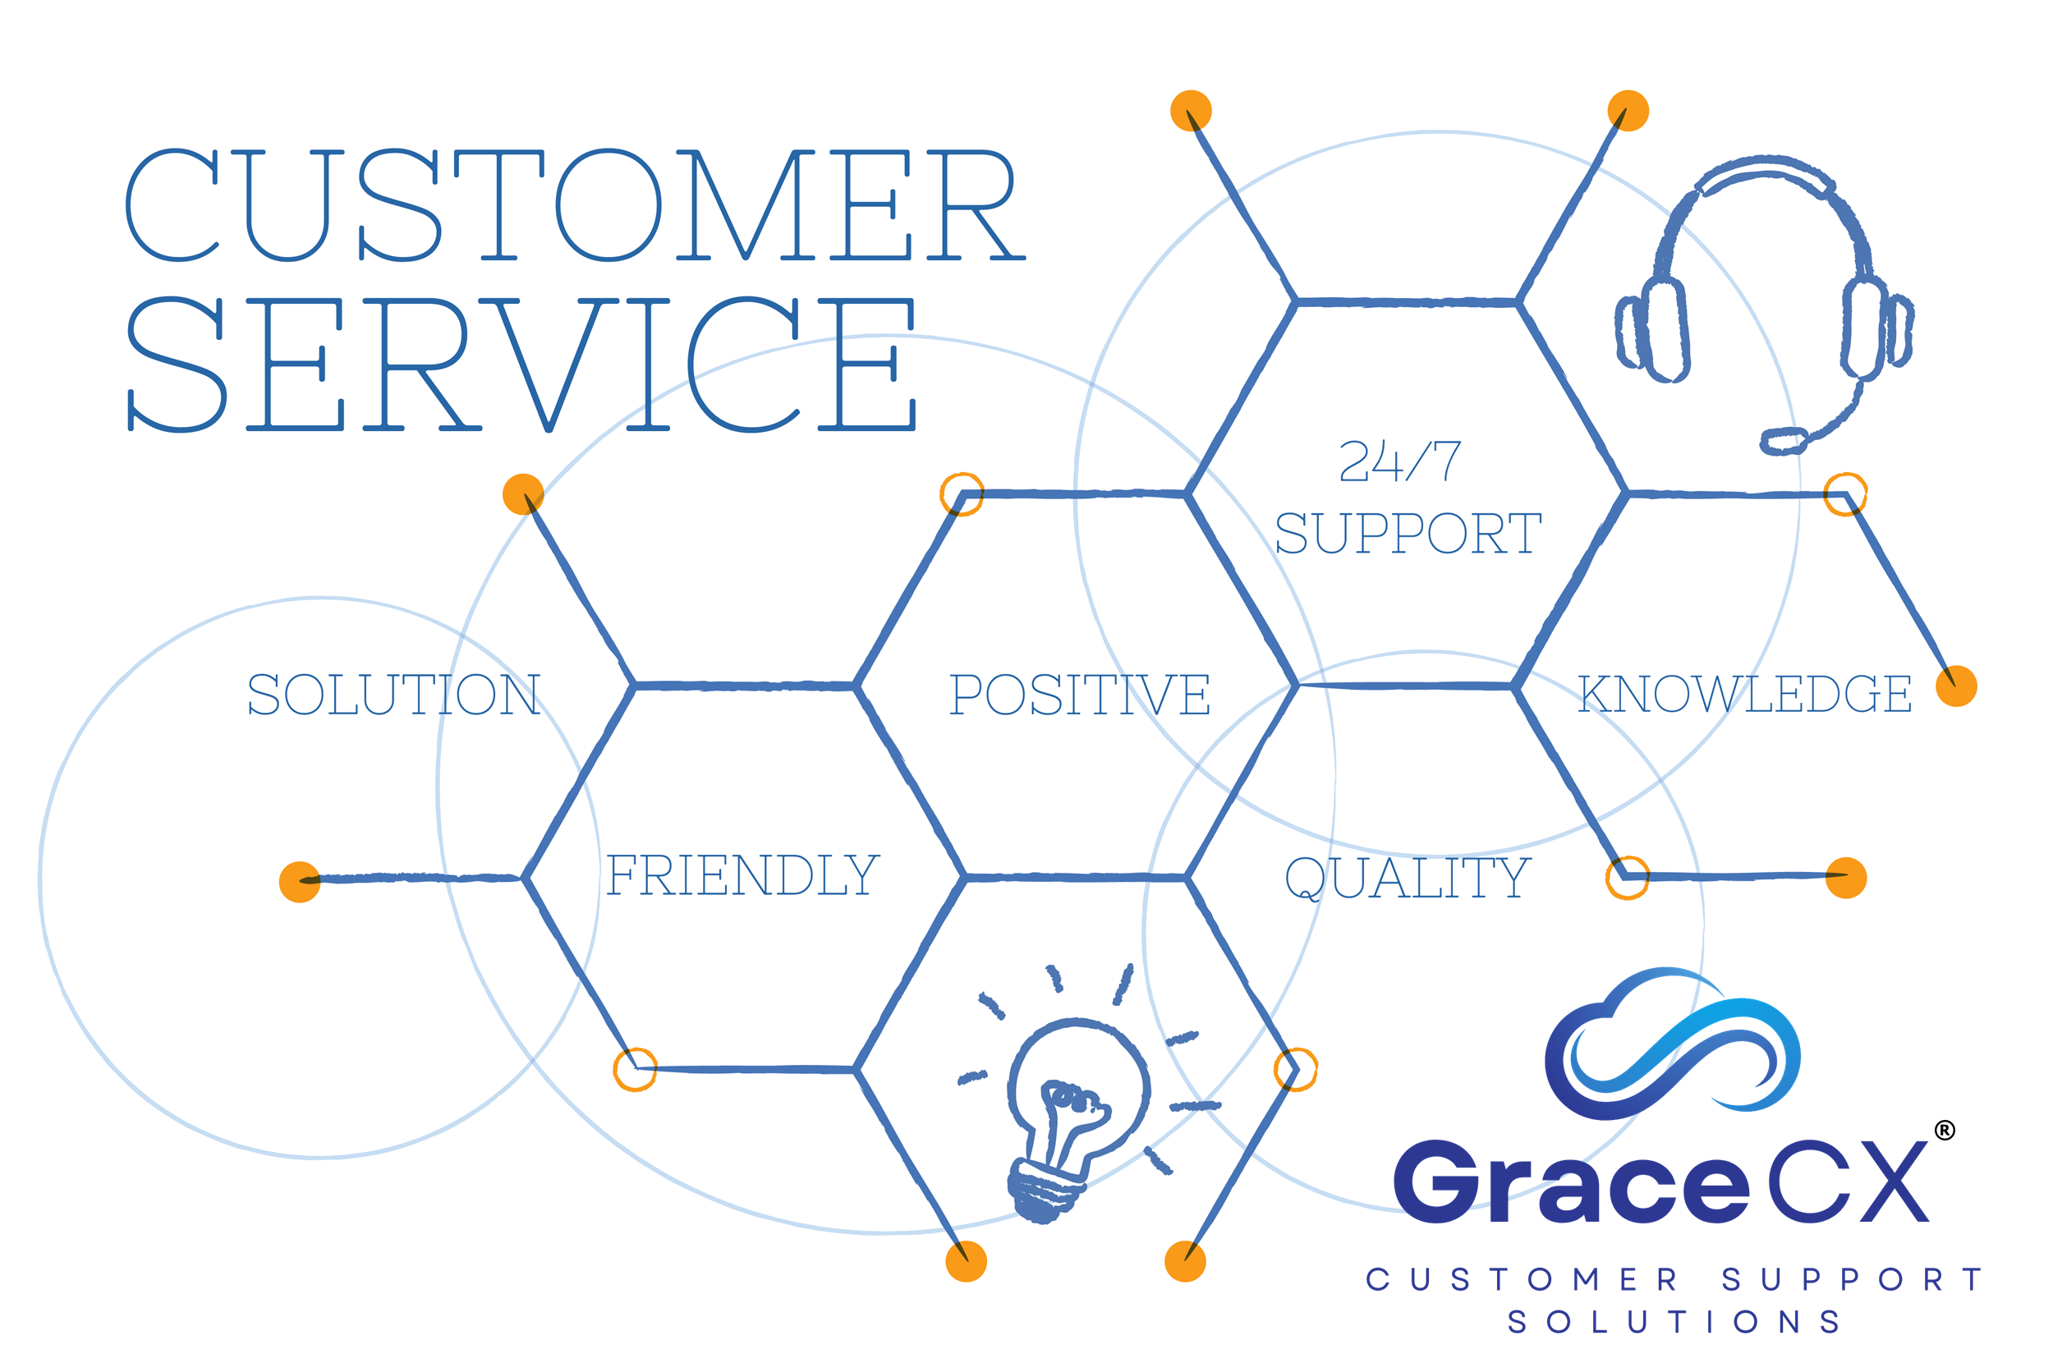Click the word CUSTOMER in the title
coord(576,205)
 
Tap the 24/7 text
coord(1399,461)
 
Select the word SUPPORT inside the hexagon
coord(1408,534)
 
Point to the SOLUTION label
coord(394,695)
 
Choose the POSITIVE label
coord(1080,695)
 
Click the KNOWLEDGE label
coord(1744,694)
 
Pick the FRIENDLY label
coord(743,875)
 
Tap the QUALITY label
coord(1408,878)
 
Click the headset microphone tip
coord(1784,440)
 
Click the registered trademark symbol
coord(1945,1131)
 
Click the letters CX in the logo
coord(1849,1182)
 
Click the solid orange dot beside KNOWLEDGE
coord(1957,686)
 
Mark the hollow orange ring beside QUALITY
coord(1628,878)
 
